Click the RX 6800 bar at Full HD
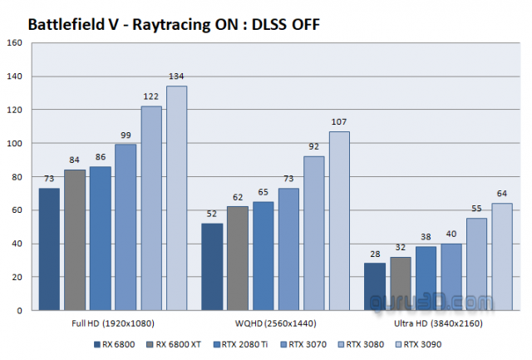pos(49,249)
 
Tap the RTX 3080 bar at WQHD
pos(313,233)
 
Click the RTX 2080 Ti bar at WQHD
pos(263,255)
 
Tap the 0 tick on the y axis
pos(21,310)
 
